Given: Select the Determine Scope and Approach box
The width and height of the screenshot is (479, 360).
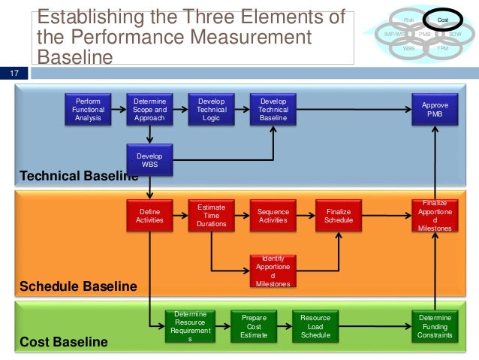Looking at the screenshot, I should pos(150,110).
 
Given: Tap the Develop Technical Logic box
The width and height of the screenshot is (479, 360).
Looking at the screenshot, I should pos(212,110).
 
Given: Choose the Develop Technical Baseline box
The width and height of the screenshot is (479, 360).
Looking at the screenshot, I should pos(273,110).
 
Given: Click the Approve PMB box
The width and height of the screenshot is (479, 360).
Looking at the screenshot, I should pos(435,110).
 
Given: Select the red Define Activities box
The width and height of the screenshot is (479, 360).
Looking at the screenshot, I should pos(150,216).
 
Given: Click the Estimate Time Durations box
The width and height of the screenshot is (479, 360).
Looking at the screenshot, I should pos(212,216).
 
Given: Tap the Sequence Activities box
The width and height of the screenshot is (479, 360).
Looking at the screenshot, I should pos(273,216).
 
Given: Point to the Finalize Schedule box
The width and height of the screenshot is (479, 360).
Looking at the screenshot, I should pos(339,216).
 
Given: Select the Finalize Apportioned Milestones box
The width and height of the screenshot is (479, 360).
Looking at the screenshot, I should pos(435,216).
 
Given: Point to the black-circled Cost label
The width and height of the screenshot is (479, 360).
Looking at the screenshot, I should pos(443,21).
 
